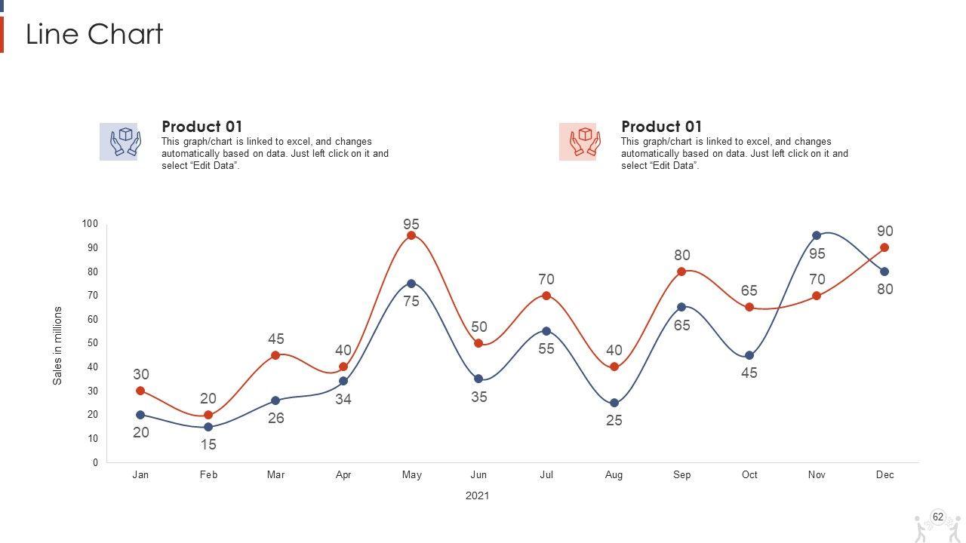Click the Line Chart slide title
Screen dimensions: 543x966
pos(94,35)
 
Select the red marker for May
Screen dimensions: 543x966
pos(411,235)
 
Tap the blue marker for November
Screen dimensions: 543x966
pos(817,235)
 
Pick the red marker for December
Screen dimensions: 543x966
pos(884,247)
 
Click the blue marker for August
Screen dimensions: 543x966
pos(614,403)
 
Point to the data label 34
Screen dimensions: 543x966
pos(343,399)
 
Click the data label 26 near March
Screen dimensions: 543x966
pos(276,418)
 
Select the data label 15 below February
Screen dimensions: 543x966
pos(208,445)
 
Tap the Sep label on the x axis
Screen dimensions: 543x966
pos(681,475)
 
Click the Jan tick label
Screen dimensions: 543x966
pos(140,475)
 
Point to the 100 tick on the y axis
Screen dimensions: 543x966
pos(90,224)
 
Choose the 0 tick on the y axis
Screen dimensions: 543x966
pos(96,462)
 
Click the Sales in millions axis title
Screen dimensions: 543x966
pos(58,345)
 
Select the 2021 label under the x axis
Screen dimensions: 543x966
pos(477,495)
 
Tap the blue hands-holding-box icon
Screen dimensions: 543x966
pos(119,142)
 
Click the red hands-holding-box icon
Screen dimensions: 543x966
pos(578,142)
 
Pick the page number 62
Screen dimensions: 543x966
pos(938,517)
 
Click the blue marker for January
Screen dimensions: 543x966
pos(140,415)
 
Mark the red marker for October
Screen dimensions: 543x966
pos(749,307)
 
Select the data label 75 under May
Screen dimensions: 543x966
pos(411,302)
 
